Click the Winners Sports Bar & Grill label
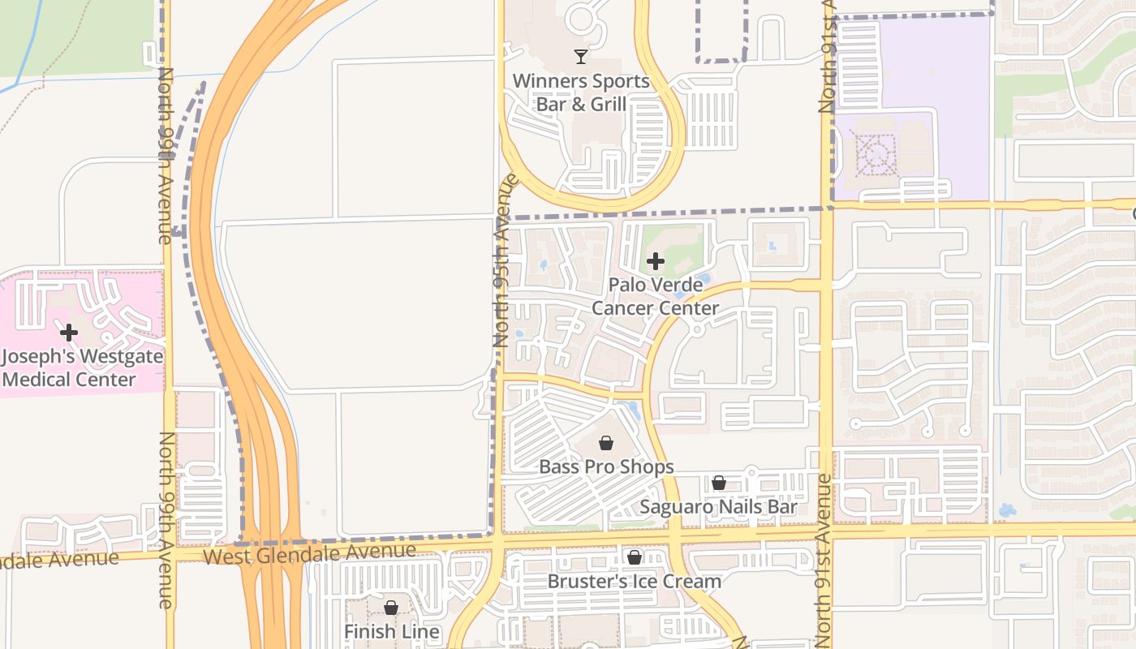click(x=581, y=92)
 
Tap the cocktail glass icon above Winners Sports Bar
click(x=581, y=56)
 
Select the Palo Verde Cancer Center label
click(x=655, y=297)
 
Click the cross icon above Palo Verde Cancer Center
click(x=656, y=261)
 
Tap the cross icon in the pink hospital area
click(x=69, y=332)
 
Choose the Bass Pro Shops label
click(x=606, y=466)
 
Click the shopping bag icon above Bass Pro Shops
click(x=605, y=443)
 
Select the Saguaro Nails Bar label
click(x=719, y=507)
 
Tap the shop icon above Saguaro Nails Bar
click(x=719, y=484)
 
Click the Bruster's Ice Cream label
click(x=634, y=581)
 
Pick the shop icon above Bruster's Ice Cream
click(x=635, y=557)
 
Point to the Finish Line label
click(x=392, y=631)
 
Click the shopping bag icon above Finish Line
click(x=391, y=608)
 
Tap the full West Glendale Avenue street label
click(x=309, y=554)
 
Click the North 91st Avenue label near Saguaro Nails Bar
click(x=824, y=560)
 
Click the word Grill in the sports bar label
click(x=604, y=104)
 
